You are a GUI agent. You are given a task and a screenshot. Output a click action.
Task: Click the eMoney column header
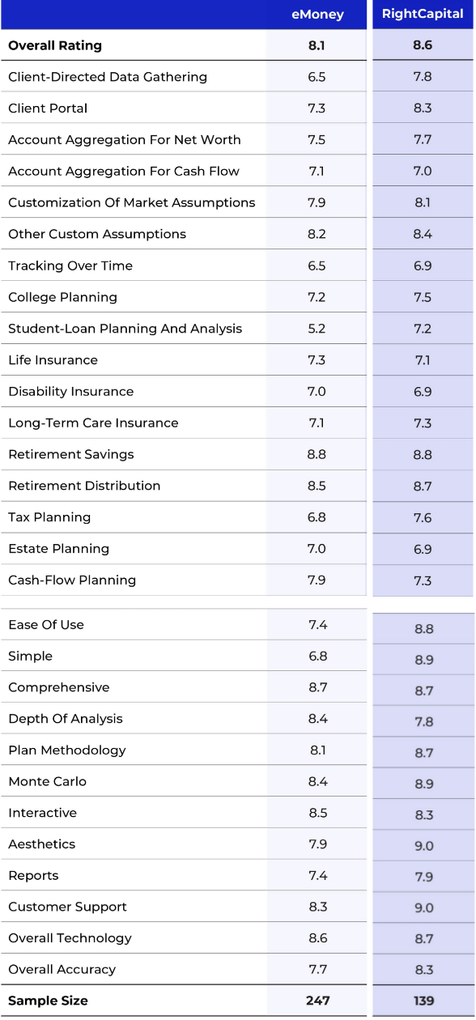tap(317, 14)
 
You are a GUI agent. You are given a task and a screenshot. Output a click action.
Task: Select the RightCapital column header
tap(423, 14)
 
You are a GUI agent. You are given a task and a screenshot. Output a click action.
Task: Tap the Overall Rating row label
tap(55, 45)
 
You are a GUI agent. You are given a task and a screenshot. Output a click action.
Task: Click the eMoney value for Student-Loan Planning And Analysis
tap(317, 329)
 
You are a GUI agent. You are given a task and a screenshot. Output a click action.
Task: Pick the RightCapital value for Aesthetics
tap(423, 846)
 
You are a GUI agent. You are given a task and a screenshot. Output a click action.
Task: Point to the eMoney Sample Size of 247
tap(317, 1001)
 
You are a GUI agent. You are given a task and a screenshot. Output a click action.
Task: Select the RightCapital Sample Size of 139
tap(423, 1001)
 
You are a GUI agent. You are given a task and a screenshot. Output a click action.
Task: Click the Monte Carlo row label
tap(47, 781)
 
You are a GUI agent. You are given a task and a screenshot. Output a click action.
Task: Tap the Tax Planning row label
tap(49, 517)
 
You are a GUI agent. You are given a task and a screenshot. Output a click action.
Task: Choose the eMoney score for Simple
tap(317, 656)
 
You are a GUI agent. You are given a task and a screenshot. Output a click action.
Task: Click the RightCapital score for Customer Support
tap(423, 908)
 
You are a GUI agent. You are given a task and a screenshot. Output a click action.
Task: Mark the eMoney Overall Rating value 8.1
tap(317, 45)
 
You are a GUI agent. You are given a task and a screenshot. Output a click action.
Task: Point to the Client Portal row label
tap(48, 108)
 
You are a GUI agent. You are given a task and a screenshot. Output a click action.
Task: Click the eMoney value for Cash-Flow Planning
tap(317, 580)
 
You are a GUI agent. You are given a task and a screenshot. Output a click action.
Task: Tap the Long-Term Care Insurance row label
tap(93, 423)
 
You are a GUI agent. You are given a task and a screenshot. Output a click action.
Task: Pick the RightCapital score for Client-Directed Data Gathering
tap(423, 77)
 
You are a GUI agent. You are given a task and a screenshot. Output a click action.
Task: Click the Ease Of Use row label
tap(46, 624)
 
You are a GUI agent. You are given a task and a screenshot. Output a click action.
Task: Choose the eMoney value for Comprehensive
tap(317, 687)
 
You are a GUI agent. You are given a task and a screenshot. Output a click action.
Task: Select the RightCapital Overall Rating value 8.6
tap(423, 45)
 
